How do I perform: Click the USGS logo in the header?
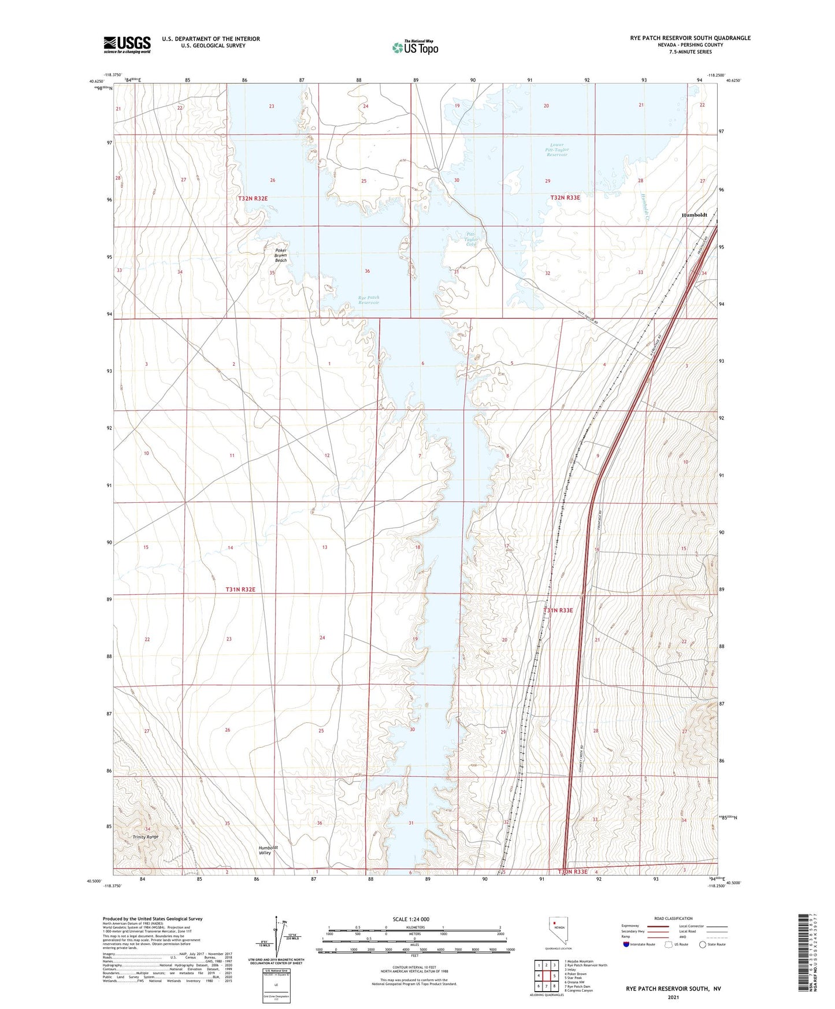tap(127, 44)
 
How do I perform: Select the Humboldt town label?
tap(694, 215)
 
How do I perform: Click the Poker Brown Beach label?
tap(280, 255)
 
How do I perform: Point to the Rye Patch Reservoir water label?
tap(368, 300)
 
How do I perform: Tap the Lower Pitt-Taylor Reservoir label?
tap(557, 150)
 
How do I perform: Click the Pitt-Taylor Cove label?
tap(472, 239)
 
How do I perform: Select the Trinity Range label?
tap(145, 837)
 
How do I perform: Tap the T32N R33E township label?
tap(565, 198)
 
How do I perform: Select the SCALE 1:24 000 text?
tap(411, 919)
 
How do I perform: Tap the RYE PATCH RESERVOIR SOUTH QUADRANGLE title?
tap(690, 38)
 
